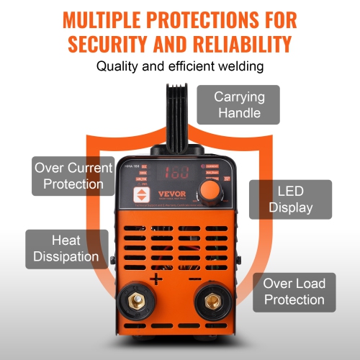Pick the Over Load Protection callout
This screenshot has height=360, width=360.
coord(293,292)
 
